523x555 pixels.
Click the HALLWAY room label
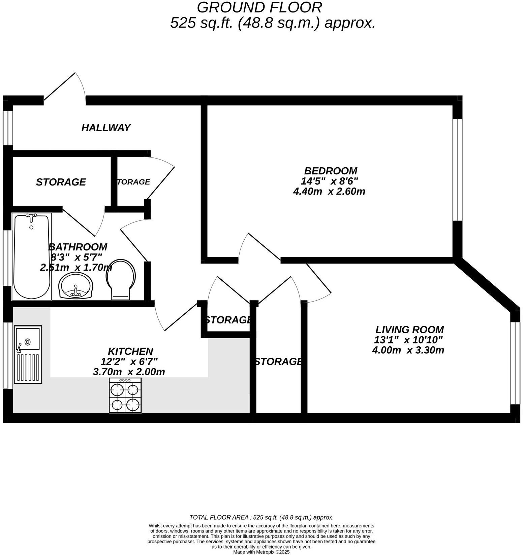pyautogui.click(x=106, y=128)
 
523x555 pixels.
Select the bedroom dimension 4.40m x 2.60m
pyautogui.click(x=329, y=192)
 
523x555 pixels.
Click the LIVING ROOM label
pyautogui.click(x=409, y=329)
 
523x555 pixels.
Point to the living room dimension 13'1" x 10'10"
pyautogui.click(x=408, y=340)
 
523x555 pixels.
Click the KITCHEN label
pyautogui.click(x=130, y=351)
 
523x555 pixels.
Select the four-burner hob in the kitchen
pyautogui.click(x=125, y=395)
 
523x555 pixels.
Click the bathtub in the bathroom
pyautogui.click(x=32, y=256)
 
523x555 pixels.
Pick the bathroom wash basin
pyautogui.click(x=76, y=285)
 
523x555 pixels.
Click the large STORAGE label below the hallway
pyautogui.click(x=61, y=182)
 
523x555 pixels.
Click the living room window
pyautogui.click(x=515, y=363)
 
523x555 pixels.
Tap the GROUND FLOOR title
pyautogui.click(x=259, y=7)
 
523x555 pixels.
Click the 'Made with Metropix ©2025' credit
pyautogui.click(x=261, y=552)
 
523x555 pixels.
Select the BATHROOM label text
pyautogui.click(x=78, y=247)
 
